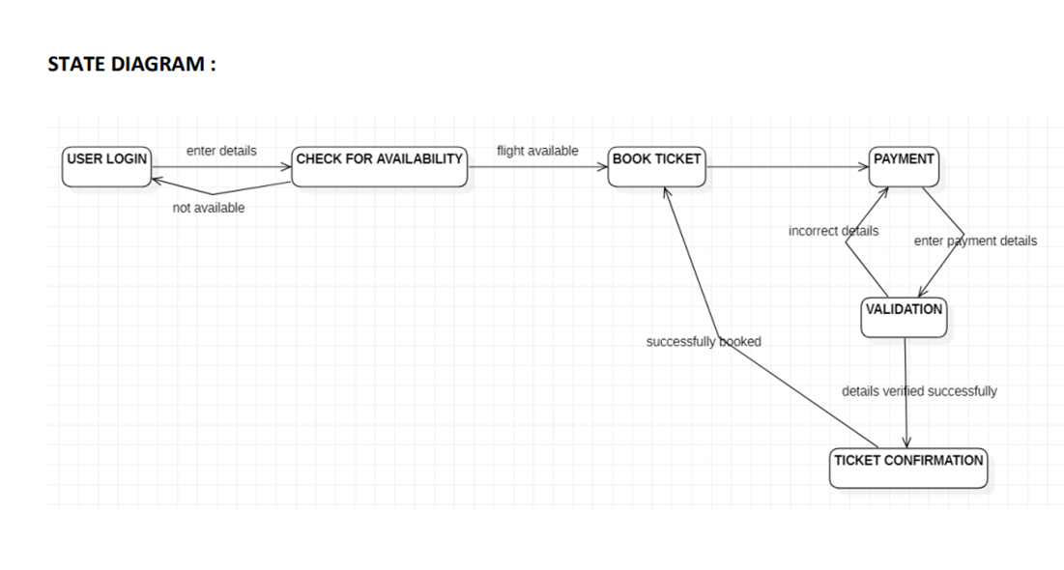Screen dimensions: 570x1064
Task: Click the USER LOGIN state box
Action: point(107,166)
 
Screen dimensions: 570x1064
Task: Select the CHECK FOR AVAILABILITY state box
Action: point(380,166)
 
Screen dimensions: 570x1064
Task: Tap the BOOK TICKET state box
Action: point(657,166)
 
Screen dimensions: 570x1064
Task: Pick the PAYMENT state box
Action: point(904,166)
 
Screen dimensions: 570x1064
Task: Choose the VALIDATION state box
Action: point(904,317)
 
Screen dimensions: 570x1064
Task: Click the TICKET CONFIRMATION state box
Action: point(908,468)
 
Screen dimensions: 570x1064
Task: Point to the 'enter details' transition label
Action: point(221,151)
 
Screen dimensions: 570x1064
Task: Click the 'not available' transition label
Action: point(209,208)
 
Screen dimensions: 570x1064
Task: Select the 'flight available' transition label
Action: point(537,151)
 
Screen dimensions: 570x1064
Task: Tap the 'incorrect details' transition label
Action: point(833,231)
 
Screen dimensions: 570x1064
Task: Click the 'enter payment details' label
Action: point(975,241)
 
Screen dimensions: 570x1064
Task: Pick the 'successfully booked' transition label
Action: point(704,341)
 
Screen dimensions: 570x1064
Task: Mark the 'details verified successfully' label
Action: point(919,391)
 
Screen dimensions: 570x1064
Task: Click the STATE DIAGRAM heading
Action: point(131,64)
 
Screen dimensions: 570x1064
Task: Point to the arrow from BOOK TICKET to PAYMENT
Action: point(788,166)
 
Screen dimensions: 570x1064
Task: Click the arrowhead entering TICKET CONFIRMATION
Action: point(906,442)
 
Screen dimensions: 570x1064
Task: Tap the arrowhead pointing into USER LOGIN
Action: point(157,179)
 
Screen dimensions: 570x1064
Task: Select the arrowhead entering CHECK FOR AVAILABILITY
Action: point(286,166)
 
